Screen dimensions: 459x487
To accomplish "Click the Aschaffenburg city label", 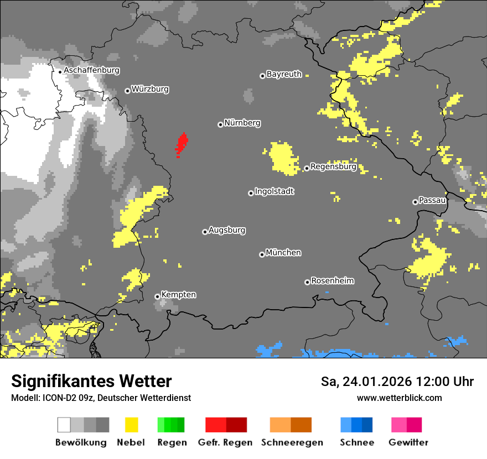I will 91,71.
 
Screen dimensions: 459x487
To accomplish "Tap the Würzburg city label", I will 150,89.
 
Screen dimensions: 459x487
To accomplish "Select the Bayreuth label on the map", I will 284,74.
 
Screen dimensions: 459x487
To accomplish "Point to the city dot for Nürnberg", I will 220,124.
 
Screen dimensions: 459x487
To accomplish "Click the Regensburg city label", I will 333,166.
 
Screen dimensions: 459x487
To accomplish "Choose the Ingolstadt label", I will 274,192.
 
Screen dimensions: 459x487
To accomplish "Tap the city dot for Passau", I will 415,202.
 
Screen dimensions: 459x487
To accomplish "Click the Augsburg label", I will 227,230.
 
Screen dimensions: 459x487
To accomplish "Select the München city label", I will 283,253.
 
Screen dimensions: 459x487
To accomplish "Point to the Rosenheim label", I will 332,281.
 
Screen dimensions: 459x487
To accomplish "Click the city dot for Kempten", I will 157,296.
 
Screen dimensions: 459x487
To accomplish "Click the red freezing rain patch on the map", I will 181,145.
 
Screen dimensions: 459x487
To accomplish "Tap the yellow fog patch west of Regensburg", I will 283,157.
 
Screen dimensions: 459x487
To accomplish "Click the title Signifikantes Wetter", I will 91,382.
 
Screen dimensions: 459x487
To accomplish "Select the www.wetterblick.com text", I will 399,398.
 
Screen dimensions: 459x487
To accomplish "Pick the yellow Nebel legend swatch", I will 131,425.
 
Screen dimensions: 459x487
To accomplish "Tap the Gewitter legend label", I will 408,442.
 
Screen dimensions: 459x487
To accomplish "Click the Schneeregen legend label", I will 291,442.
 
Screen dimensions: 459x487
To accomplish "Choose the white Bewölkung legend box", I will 64,425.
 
